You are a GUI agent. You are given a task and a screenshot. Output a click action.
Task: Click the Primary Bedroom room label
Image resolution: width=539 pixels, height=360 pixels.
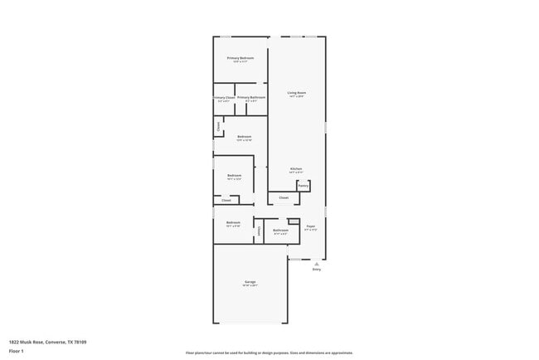click(x=240, y=58)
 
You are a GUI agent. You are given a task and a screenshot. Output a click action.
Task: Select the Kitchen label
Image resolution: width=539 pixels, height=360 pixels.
click(x=296, y=168)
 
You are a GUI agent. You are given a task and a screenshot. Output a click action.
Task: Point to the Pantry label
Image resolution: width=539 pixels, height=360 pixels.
click(x=303, y=186)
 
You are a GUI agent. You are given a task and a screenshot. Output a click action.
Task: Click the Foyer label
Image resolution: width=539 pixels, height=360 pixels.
click(x=311, y=226)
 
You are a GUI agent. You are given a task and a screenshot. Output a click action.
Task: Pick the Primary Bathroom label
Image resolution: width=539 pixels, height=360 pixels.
click(x=251, y=97)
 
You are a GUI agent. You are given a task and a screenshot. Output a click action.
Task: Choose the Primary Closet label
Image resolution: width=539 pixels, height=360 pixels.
click(x=224, y=97)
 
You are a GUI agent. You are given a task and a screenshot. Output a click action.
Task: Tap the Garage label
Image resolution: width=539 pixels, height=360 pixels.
click(x=250, y=282)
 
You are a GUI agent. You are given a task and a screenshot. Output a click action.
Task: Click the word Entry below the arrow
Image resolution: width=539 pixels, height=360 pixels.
click(x=316, y=270)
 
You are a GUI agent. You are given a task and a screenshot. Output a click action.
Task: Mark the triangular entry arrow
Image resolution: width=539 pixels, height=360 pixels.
click(x=316, y=263)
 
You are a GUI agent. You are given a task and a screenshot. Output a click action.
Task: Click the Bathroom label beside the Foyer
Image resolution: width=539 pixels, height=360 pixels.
click(x=280, y=230)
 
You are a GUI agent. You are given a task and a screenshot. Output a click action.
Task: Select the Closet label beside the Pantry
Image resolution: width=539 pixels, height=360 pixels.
click(x=283, y=197)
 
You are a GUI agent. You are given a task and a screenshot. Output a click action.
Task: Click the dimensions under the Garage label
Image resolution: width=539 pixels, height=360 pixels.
click(x=250, y=286)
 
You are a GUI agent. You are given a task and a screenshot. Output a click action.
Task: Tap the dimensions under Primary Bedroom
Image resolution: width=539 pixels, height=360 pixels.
click(x=240, y=62)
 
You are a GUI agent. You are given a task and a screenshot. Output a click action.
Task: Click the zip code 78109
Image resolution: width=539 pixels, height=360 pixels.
click(x=80, y=341)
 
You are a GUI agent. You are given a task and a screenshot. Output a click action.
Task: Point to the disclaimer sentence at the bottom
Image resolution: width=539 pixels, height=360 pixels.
click(x=269, y=353)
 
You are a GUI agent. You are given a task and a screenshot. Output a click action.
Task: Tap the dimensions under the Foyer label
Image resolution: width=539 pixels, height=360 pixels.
click(x=311, y=230)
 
